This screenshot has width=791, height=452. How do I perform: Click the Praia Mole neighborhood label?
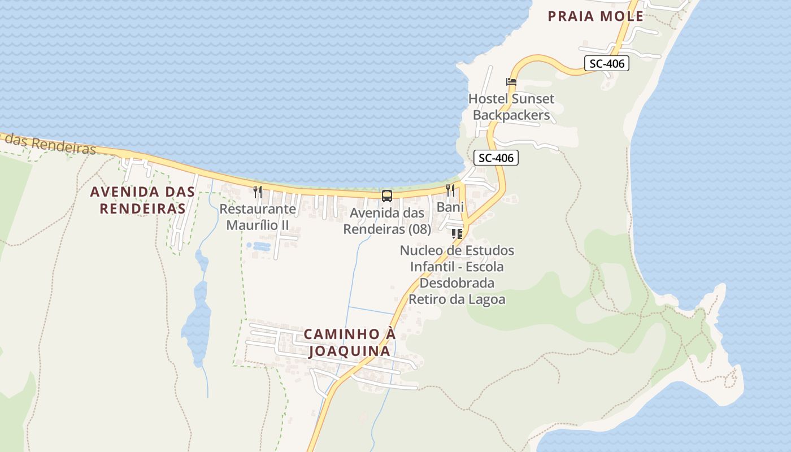[596, 16]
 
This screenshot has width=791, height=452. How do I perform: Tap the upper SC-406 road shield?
[607, 64]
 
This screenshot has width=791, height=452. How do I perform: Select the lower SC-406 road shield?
[496, 158]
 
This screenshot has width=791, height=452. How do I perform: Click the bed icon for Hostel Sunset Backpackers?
[511, 82]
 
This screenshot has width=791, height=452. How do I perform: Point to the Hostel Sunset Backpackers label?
[511, 107]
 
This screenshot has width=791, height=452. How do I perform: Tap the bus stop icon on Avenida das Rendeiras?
[387, 196]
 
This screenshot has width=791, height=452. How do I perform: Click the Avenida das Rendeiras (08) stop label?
[387, 221]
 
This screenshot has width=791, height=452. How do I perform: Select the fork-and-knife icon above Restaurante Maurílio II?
[258, 192]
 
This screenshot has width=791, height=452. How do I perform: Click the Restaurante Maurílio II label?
[258, 217]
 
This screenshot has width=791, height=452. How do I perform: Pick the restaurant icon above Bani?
[450, 190]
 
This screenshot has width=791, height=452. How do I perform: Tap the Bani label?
[450, 207]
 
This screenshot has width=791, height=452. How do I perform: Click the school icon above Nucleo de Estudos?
[457, 233]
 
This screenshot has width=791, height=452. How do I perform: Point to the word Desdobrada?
[457, 282]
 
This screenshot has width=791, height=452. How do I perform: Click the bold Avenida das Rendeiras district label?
[142, 200]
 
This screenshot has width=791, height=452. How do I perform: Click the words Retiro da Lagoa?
[457, 299]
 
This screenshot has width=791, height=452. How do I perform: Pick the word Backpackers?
[511, 115]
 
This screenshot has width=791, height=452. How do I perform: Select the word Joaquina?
[349, 351]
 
